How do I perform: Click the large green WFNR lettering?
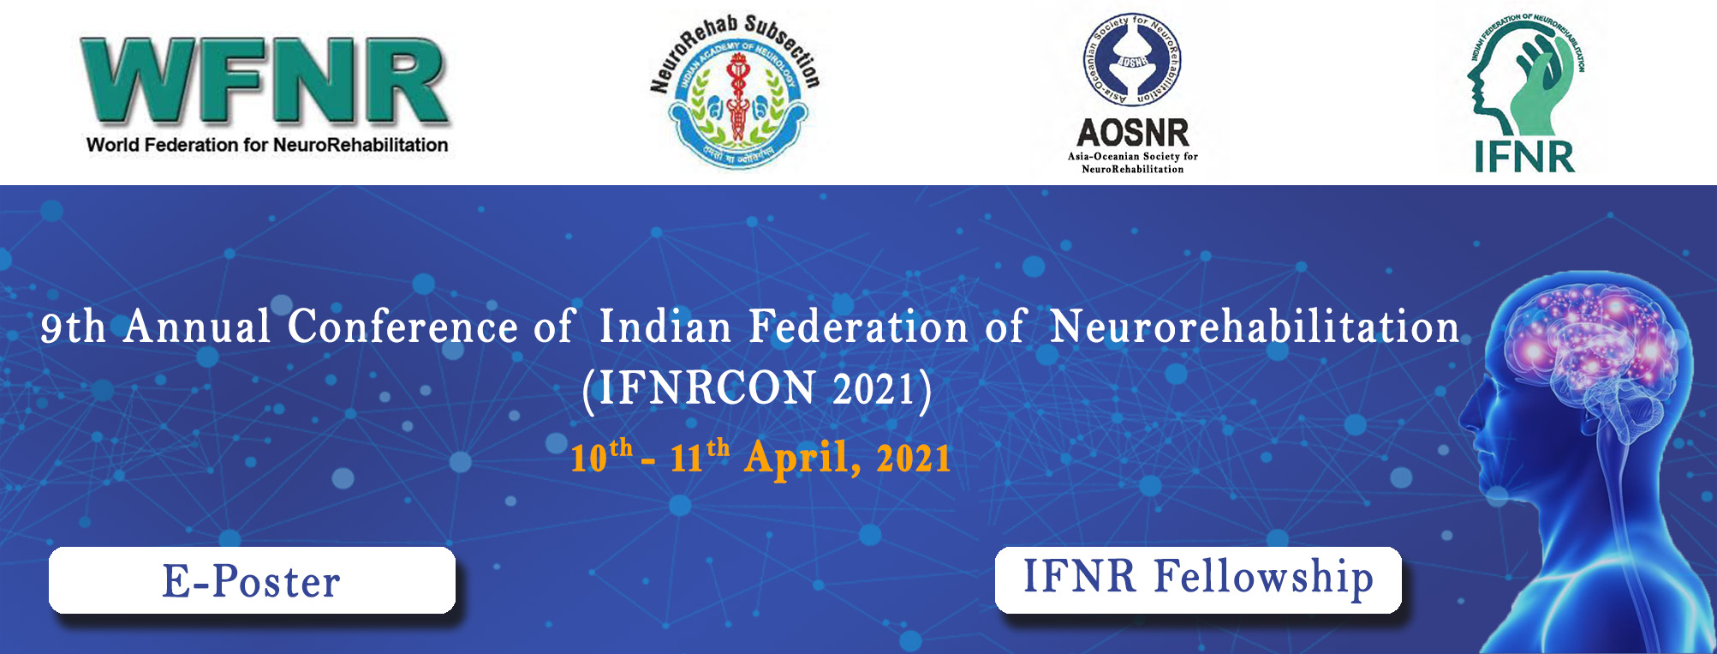pyautogui.click(x=265, y=82)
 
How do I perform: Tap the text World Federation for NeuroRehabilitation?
pyautogui.click(x=267, y=145)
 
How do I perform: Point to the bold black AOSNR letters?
pyautogui.click(x=1132, y=133)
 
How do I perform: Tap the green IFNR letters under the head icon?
pyautogui.click(x=1524, y=157)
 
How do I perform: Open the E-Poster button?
pyautogui.click(x=252, y=580)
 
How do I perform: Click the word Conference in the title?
pyautogui.click(x=402, y=327)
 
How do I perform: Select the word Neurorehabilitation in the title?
pyautogui.click(x=1255, y=327)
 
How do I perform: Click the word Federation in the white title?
pyautogui.click(x=858, y=327)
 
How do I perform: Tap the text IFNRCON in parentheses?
pyautogui.click(x=706, y=389)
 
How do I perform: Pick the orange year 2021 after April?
pyautogui.click(x=913, y=458)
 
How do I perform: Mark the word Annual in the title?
pyautogui.click(x=197, y=327)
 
